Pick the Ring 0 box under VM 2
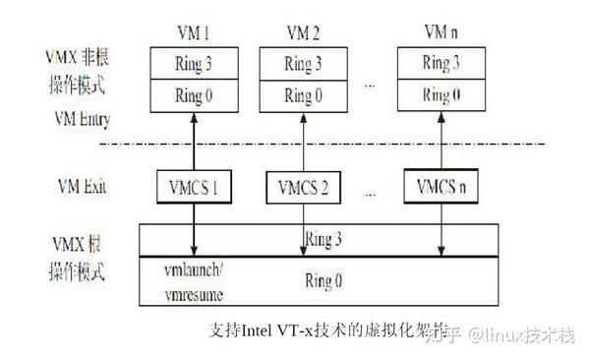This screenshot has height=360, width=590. pyautogui.click(x=302, y=96)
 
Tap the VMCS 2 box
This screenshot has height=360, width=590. pyautogui.click(x=305, y=186)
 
